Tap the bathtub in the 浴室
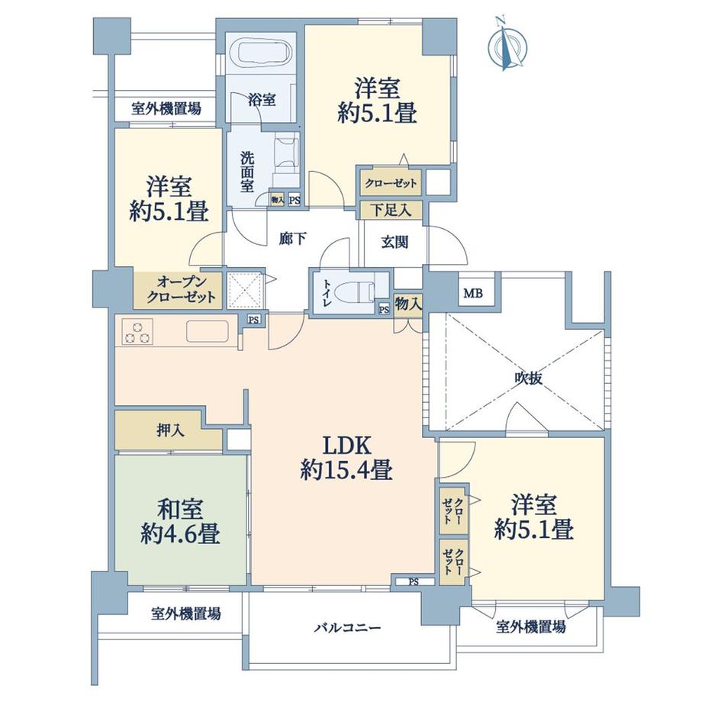261,56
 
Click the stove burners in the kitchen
138,332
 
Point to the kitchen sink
208,332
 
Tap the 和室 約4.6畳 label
180,522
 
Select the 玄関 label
394,242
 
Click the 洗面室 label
247,172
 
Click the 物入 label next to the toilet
409,303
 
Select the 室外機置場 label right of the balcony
531,628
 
